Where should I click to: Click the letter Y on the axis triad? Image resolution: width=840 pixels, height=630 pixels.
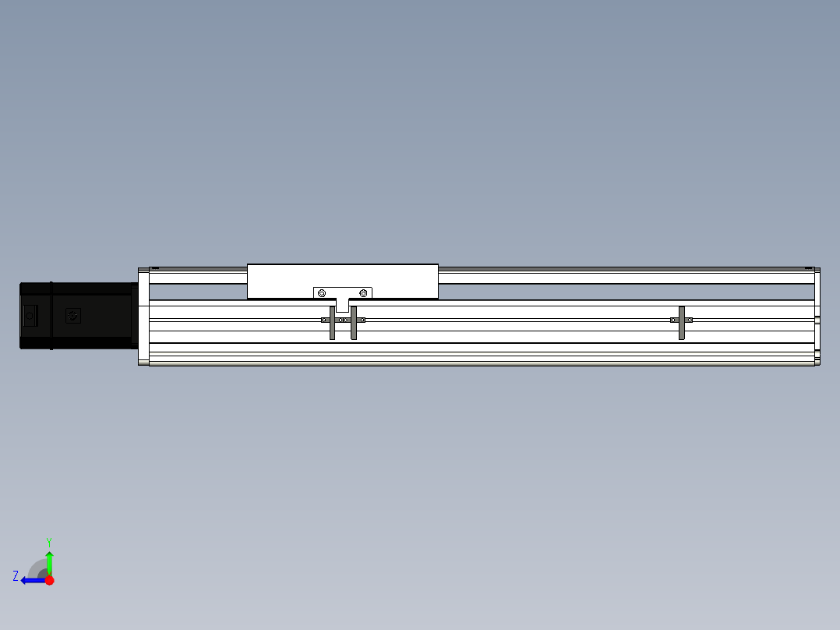tap(49, 542)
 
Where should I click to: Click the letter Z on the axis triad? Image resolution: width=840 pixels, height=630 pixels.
tap(16, 576)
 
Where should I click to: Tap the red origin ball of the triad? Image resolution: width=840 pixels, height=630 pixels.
tap(49, 580)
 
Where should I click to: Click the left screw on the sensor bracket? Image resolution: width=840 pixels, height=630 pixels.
tap(321, 293)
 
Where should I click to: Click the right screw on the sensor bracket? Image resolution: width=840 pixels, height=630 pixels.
tap(363, 293)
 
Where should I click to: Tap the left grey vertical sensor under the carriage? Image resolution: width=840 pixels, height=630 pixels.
tap(332, 323)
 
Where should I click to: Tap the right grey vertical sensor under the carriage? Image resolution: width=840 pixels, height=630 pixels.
tap(354, 323)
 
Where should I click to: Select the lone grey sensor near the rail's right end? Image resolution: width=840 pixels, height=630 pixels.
tap(681, 323)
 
